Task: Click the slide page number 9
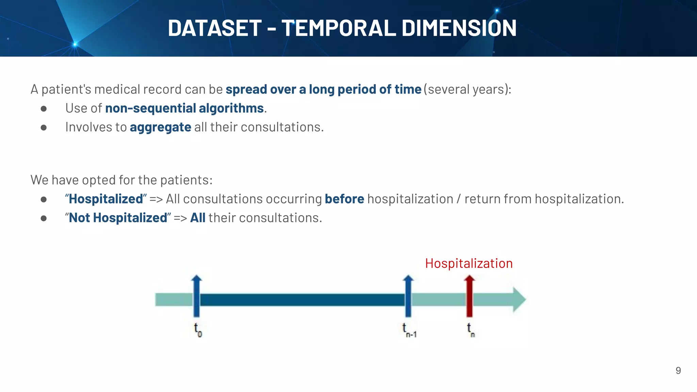[x=678, y=371]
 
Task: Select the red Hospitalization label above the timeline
[x=469, y=263]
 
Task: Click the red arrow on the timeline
[x=469, y=296]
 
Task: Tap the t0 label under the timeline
[x=198, y=330]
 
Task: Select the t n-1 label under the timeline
[x=409, y=330]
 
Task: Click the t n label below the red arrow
[x=470, y=330]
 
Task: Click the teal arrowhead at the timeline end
[x=519, y=299]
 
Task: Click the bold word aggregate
[x=160, y=127]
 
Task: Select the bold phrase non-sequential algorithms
[x=184, y=108]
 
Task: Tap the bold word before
[x=344, y=199]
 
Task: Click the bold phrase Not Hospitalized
[x=118, y=218]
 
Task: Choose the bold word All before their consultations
[x=197, y=218]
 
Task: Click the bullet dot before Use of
[x=44, y=109]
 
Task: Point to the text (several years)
[x=467, y=89]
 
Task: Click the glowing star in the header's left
[x=75, y=44]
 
